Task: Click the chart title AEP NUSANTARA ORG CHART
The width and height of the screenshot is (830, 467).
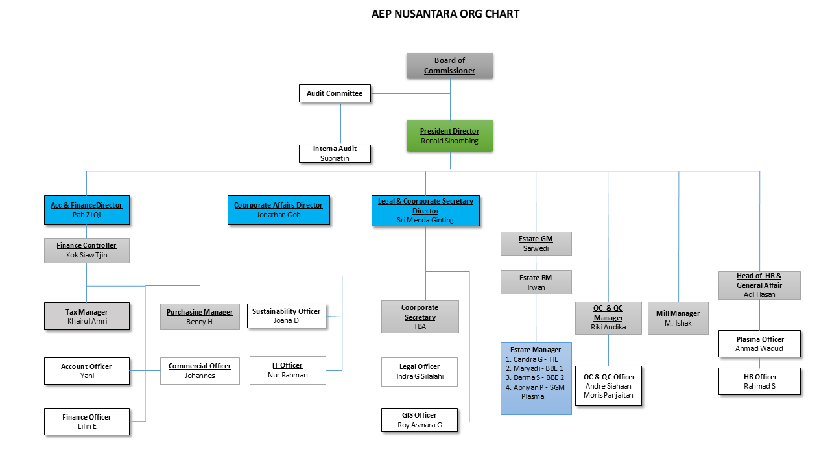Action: tap(445, 14)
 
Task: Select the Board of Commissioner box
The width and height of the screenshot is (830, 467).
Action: tap(449, 66)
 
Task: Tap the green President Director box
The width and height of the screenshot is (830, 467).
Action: tap(449, 136)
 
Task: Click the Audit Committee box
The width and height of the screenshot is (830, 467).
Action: tap(335, 93)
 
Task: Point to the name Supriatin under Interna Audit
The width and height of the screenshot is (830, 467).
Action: tap(335, 158)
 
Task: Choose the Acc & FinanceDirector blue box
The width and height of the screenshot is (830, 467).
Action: tap(87, 210)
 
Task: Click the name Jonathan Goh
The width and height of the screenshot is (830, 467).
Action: tap(278, 215)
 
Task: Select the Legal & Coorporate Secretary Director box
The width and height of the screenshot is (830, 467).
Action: tap(425, 210)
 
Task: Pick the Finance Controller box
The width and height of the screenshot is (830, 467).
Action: tap(87, 250)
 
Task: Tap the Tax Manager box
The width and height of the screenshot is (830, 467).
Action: tap(87, 317)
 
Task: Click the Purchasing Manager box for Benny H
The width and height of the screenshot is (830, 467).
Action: tap(200, 317)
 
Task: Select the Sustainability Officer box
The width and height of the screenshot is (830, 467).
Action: tap(286, 316)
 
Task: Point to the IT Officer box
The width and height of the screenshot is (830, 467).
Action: tap(287, 370)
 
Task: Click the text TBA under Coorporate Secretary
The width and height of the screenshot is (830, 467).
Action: tap(420, 327)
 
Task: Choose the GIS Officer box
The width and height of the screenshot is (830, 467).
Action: tap(420, 420)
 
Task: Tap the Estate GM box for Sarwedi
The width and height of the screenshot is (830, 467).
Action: tap(536, 243)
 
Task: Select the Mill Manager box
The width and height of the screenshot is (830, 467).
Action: tap(678, 318)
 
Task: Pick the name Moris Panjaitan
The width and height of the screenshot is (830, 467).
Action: tap(608, 395)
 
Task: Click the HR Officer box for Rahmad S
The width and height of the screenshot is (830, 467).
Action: tap(759, 381)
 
